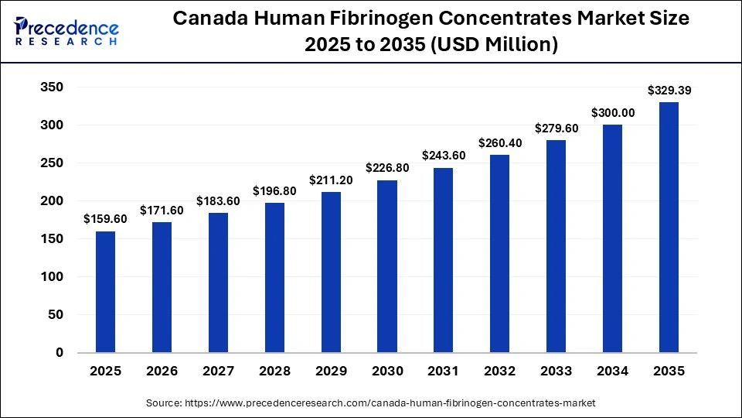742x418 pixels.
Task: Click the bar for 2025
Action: [x=106, y=292]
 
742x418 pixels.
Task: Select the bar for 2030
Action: [x=387, y=266]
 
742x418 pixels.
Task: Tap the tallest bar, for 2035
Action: [x=669, y=227]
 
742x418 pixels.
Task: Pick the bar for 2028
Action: [x=274, y=277]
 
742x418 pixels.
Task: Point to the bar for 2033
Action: [x=556, y=246]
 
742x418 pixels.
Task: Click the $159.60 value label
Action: [x=106, y=219]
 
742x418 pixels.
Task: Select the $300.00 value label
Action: [x=612, y=112]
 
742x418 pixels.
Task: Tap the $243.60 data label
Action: [x=444, y=156]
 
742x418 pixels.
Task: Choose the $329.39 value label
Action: [x=669, y=91]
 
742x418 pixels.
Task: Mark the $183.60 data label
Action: [x=219, y=200]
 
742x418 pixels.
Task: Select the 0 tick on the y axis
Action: [x=60, y=352]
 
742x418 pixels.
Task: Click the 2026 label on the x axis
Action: [x=162, y=372]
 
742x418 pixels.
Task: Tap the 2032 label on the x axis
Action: [x=499, y=372]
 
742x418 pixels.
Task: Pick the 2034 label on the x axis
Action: [x=612, y=372]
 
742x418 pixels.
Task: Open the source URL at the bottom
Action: [x=371, y=403]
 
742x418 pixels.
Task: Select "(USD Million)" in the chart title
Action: [x=495, y=45]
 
